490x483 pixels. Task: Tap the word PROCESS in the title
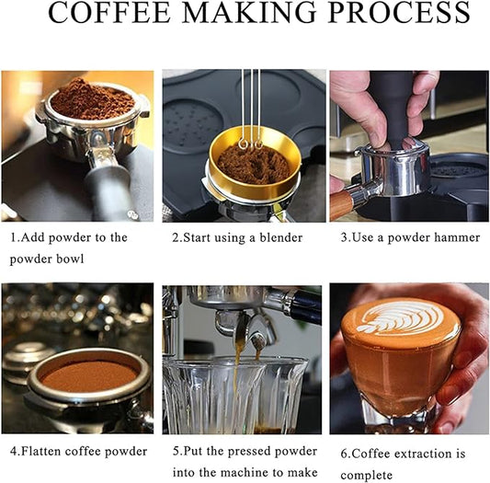click(399, 12)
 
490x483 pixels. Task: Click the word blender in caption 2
click(281, 237)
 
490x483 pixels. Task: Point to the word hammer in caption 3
click(457, 237)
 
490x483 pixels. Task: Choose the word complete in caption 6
click(366, 475)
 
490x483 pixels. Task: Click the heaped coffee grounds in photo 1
click(93, 100)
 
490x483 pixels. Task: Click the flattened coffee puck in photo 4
click(89, 376)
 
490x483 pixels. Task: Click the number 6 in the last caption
click(344, 454)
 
